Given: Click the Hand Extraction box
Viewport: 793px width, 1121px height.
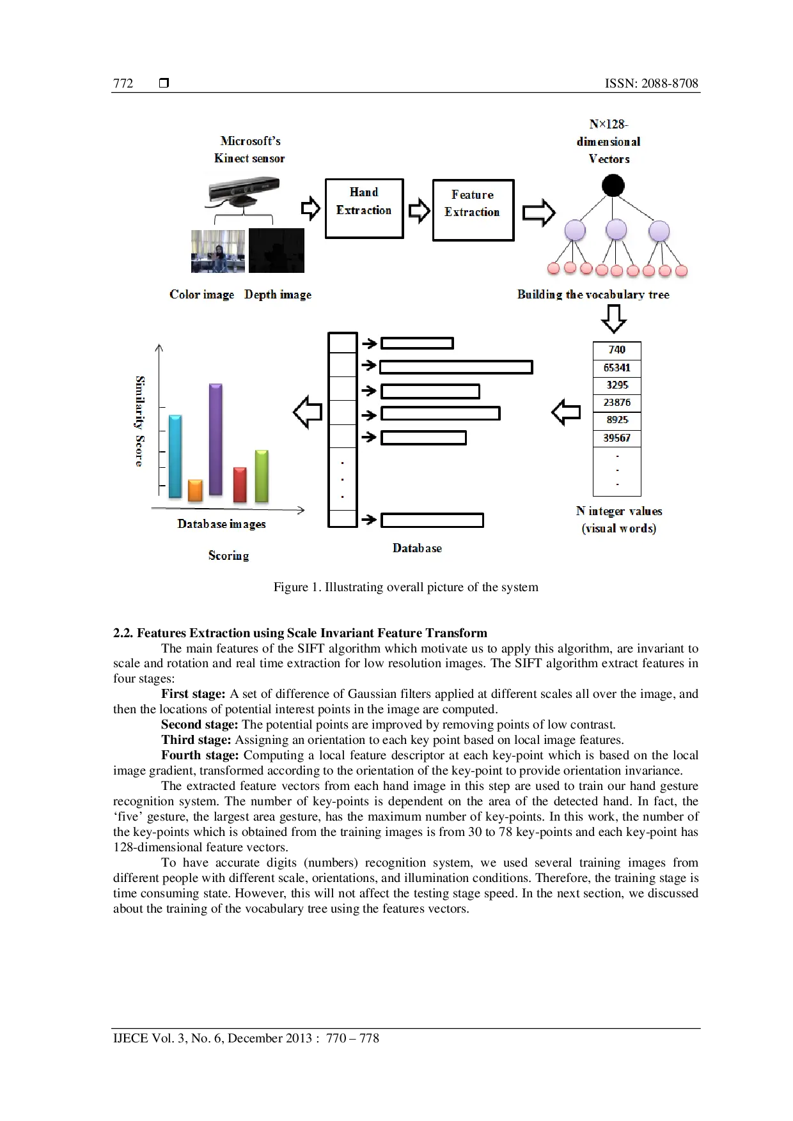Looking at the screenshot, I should pyautogui.click(x=364, y=208).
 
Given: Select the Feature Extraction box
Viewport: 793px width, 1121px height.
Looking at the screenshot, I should pyautogui.click(x=473, y=210).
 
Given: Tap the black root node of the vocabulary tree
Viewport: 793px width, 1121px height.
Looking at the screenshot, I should pyautogui.click(x=613, y=186).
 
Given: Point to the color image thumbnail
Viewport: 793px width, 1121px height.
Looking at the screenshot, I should pyautogui.click(x=217, y=251).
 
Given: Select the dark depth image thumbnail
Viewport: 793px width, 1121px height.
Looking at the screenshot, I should pyautogui.click(x=276, y=251).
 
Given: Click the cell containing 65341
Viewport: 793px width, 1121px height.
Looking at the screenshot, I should pyautogui.click(x=616, y=368).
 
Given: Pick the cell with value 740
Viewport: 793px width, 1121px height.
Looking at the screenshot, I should pyautogui.click(x=616, y=350).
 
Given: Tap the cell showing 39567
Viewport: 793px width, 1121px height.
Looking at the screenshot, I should pyautogui.click(x=616, y=438).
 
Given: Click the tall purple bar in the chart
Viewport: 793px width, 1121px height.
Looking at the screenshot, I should pyautogui.click(x=216, y=440).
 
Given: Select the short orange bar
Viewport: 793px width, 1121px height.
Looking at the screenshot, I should pyautogui.click(x=195, y=490).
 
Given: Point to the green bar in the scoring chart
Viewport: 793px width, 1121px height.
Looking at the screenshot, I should pyautogui.click(x=262, y=476).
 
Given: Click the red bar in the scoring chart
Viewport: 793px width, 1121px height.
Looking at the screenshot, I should pyautogui.click(x=240, y=484).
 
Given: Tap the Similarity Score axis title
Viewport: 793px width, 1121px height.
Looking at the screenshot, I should pyautogui.click(x=139, y=421).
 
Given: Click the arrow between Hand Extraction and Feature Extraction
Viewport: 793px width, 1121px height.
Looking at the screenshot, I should pyautogui.click(x=419, y=210).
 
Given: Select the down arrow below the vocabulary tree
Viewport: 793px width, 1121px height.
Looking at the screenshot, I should pyautogui.click(x=614, y=318).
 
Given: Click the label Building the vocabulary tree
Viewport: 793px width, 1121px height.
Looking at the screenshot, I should pyautogui.click(x=593, y=295).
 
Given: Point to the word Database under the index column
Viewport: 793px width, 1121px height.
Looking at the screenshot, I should pyautogui.click(x=417, y=548).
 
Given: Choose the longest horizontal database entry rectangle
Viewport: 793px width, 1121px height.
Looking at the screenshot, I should pyautogui.click(x=456, y=367).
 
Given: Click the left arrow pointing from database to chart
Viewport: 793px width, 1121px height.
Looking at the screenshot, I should pyautogui.click(x=308, y=412).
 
